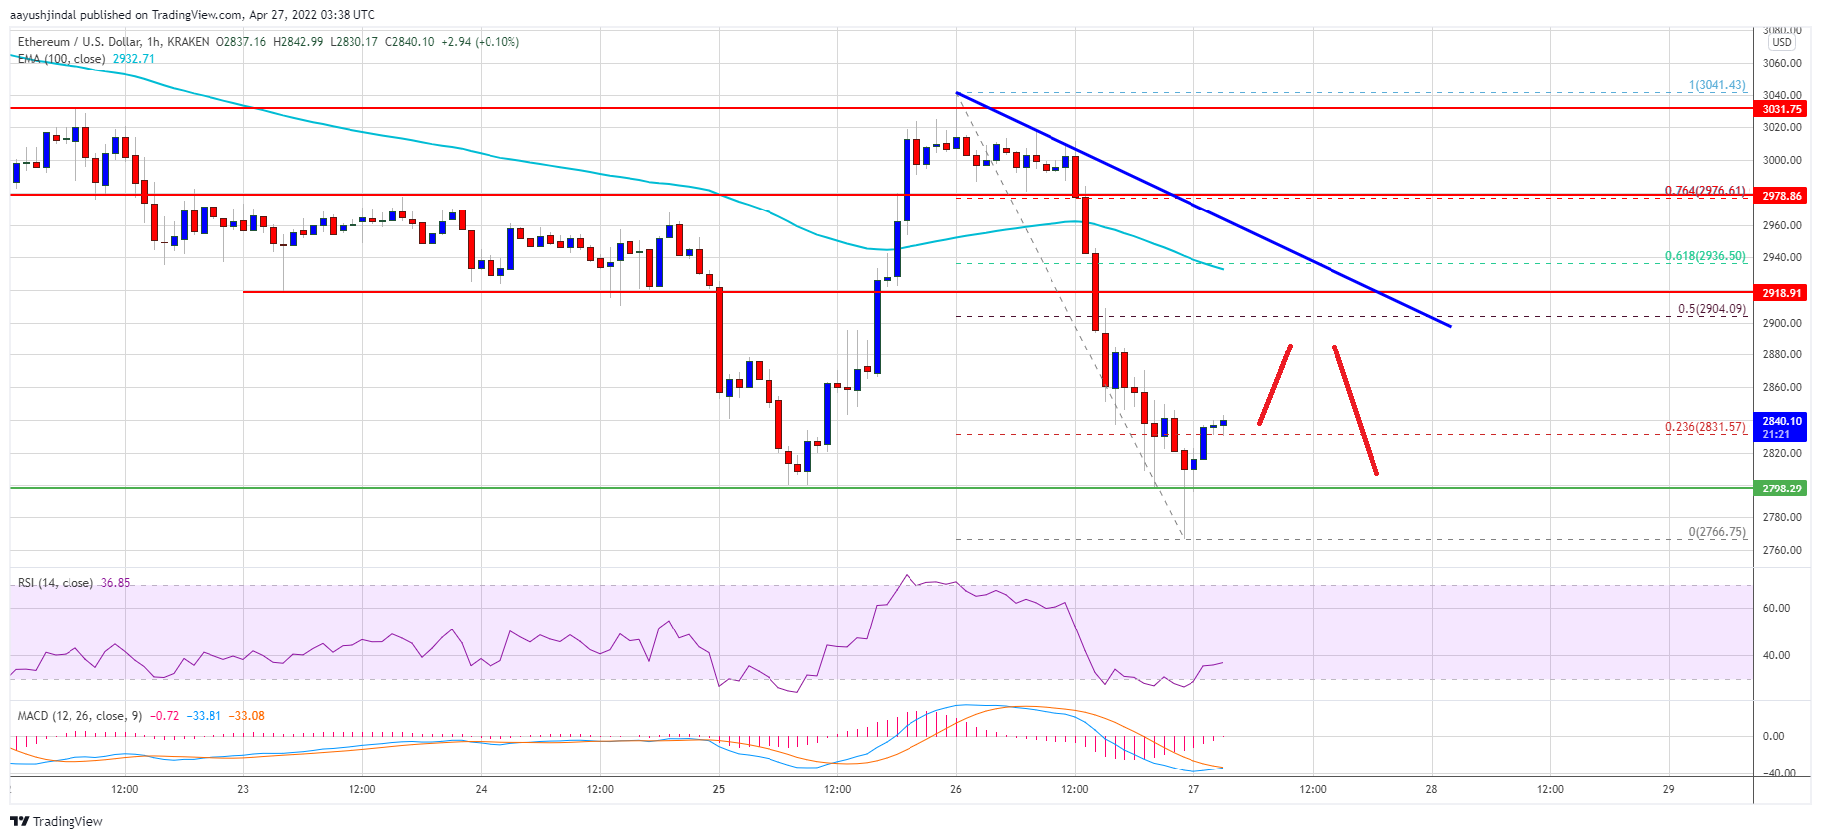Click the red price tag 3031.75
pos(1781,109)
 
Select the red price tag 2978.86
pos(1781,196)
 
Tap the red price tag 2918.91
pos(1781,293)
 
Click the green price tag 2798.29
pos(1781,489)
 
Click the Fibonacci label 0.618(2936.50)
pos(1704,256)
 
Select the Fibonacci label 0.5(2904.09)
pos(1711,309)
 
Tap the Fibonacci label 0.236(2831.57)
pos(1704,427)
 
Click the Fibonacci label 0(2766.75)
pos(1716,532)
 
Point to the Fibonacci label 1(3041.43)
pos(1716,85)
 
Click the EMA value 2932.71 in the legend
pos(133,59)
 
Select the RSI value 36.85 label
pos(115,583)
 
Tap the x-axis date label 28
pos(1431,790)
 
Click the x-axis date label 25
pos(718,790)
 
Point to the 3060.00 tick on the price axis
pos(1781,63)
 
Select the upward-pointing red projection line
pos(1275,384)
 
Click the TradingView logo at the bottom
pos(57,821)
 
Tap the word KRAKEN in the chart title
pos(189,42)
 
